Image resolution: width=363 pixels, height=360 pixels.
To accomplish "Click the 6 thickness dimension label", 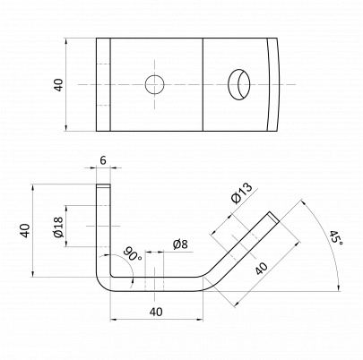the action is pyautogui.click(x=103, y=160).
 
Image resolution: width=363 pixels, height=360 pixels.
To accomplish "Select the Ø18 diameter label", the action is pyautogui.click(x=59, y=227).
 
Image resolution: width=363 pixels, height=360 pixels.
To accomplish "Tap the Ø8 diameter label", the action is pyautogui.click(x=180, y=244).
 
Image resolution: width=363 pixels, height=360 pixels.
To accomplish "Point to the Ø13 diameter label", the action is pyautogui.click(x=242, y=193).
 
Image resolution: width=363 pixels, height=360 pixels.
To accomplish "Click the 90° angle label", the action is pyautogui.click(x=133, y=253).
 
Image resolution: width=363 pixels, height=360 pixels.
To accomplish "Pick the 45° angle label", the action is pyautogui.click(x=336, y=237).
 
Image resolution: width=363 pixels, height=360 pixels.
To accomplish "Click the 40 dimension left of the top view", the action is pyautogui.click(x=59, y=85).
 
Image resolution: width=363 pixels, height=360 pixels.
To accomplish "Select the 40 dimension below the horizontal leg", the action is pyautogui.click(x=156, y=312).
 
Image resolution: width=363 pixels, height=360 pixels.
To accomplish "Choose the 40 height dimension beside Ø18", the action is pyautogui.click(x=26, y=230).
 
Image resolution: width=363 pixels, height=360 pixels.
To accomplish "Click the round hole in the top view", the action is pyautogui.click(x=155, y=84).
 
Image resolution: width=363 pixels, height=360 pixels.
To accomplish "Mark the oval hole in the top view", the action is pyautogui.click(x=239, y=84).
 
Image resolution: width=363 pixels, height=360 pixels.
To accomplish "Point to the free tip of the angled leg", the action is pyautogui.click(x=273, y=217).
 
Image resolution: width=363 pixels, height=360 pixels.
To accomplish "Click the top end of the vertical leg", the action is pyautogui.click(x=103, y=185).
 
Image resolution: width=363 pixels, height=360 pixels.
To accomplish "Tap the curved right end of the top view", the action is pyautogui.click(x=276, y=84).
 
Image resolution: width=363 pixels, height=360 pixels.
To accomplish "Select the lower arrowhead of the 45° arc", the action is pyautogui.click(x=339, y=287).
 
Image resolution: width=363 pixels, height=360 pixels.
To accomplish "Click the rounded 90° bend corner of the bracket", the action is pyautogui.click(x=101, y=284).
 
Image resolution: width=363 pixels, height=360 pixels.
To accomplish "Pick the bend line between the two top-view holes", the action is pyautogui.click(x=203, y=84).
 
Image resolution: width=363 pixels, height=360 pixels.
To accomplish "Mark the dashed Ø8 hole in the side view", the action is pyautogui.click(x=154, y=284).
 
